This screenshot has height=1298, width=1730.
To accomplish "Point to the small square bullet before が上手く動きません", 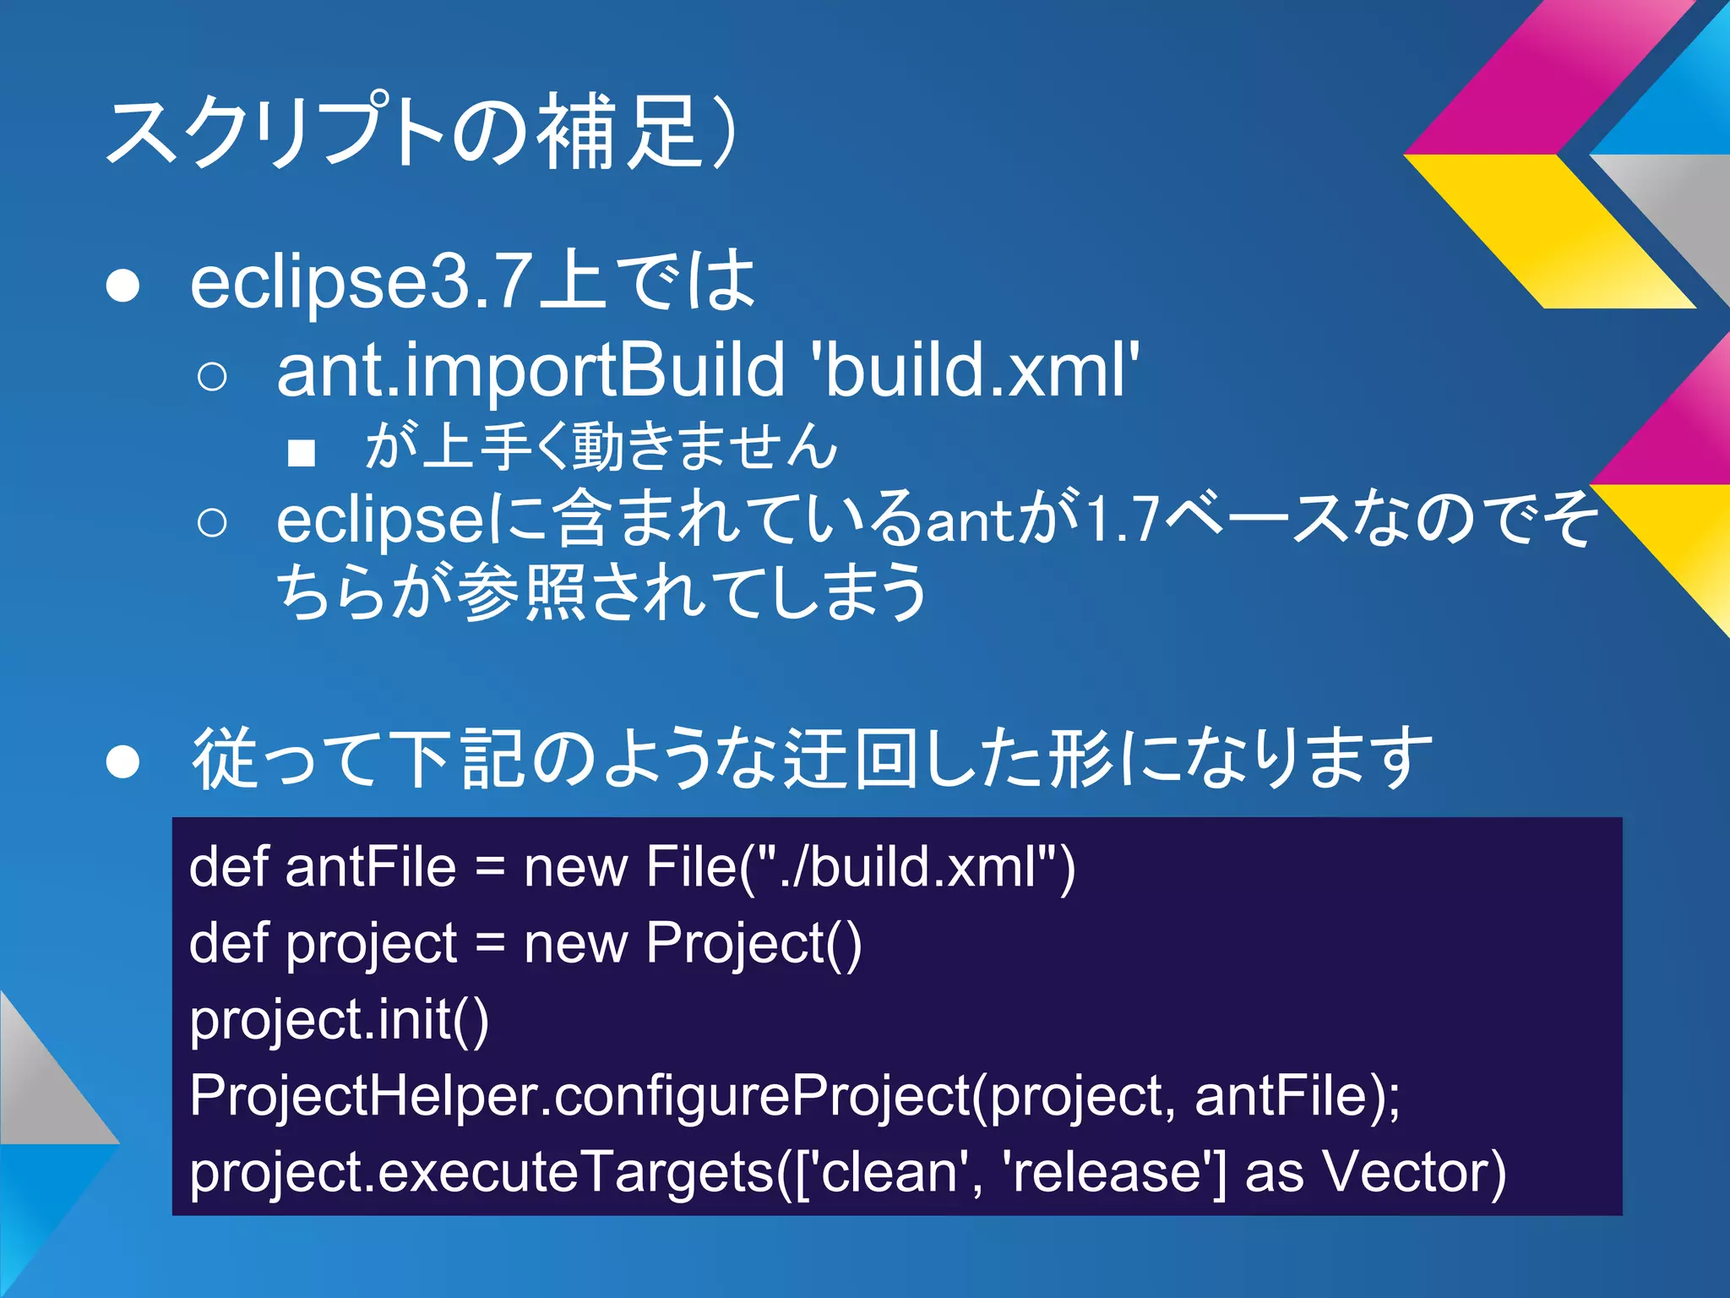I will [302, 452].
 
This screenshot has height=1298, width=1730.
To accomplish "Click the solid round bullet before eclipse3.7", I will [123, 286].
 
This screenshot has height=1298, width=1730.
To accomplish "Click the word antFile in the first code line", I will [371, 867].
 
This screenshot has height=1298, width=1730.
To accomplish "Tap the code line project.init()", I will [339, 1019].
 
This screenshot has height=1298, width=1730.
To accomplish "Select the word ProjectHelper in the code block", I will [359, 1095].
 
